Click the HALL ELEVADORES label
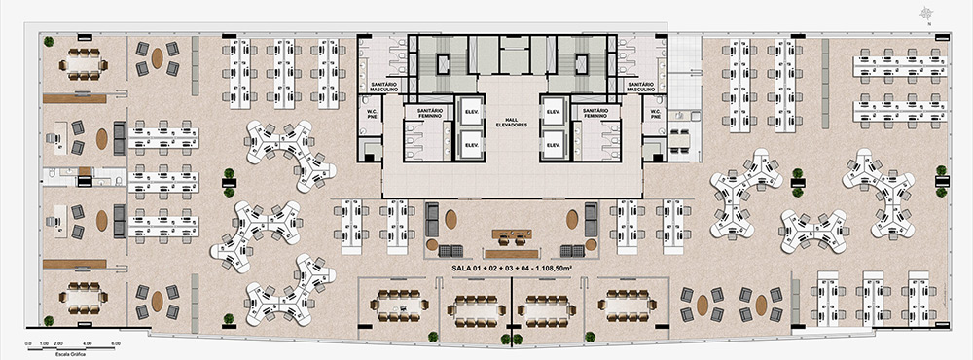[512, 123]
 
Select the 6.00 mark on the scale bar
[115, 343]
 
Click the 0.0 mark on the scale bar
[30, 343]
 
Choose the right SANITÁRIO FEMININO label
[595, 113]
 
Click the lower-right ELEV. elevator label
[554, 146]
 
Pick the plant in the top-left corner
[46, 40]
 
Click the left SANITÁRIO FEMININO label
[430, 113]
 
